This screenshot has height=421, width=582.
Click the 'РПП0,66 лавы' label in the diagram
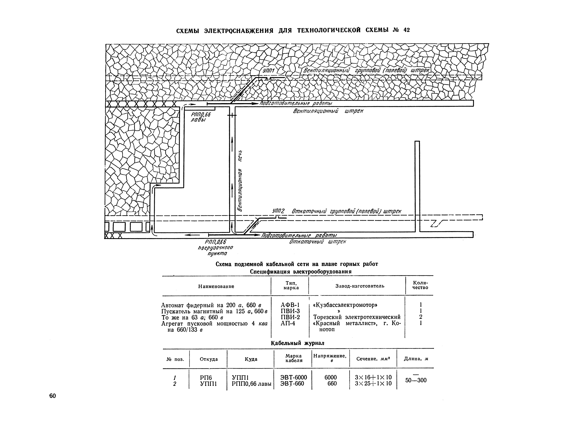click(x=200, y=117)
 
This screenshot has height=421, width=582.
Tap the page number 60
click(x=53, y=396)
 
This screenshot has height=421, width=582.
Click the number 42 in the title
click(x=406, y=30)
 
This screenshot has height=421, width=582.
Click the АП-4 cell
click(x=288, y=323)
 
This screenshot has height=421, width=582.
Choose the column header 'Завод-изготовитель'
click(x=360, y=286)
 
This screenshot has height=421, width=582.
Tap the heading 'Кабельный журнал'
click(x=298, y=343)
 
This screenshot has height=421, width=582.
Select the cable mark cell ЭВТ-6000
click(x=294, y=377)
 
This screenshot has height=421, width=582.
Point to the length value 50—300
click(x=416, y=380)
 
